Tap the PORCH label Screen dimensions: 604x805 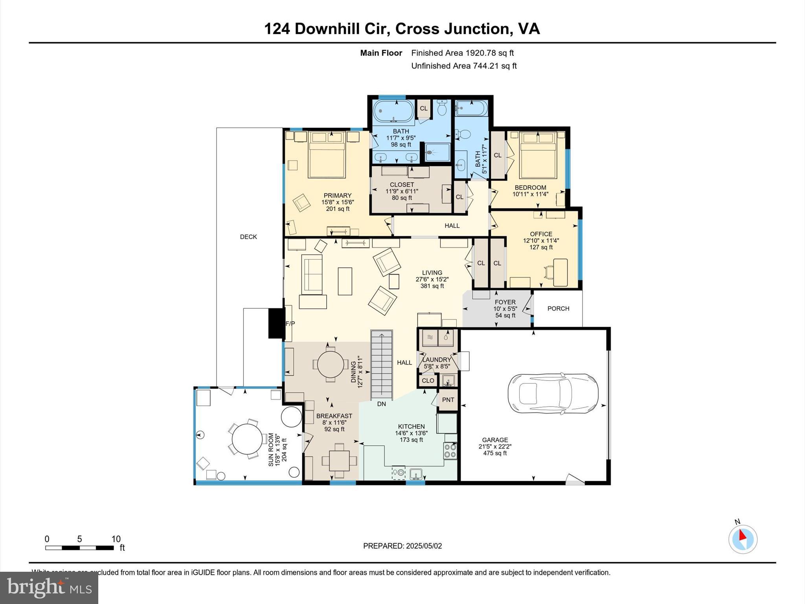pos(558,309)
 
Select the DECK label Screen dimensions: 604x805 pos(248,237)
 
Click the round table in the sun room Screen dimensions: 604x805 pos(247,439)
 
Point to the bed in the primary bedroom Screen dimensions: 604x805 pos(327,155)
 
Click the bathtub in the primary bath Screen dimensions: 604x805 pos(393,112)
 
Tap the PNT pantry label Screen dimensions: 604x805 pos(448,400)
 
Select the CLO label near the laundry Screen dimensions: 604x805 pos(428,381)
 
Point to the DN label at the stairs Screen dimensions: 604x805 pos(381,404)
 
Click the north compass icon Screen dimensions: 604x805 pos(743,539)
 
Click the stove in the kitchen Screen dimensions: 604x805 pos(450,451)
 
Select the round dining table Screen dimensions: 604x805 pos(331,364)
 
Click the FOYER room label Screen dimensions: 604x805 pos(505,302)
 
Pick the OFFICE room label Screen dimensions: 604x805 pos(541,234)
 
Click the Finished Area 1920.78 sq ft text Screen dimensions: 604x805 pos(462,53)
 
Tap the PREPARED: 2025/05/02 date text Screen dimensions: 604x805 pos(402,546)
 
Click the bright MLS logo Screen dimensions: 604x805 pos(49,587)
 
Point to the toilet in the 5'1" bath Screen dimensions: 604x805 pos(463,135)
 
